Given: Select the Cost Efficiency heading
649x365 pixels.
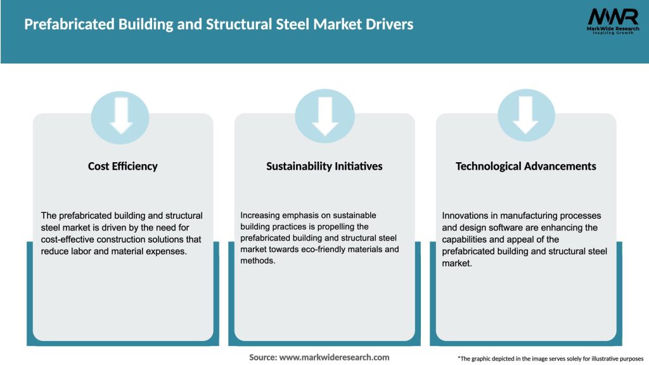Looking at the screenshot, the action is coord(123,166).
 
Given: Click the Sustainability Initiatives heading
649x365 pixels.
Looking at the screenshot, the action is coord(324,166).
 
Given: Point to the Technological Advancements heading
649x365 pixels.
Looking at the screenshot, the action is coord(525,166).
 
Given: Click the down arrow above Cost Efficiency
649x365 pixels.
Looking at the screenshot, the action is coord(120,117).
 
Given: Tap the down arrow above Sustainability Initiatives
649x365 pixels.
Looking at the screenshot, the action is coord(324,117).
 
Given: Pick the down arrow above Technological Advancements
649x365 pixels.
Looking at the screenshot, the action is coord(526,117).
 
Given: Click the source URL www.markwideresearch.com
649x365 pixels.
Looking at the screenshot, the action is coord(334,357).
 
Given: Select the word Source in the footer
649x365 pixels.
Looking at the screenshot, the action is coord(262,357).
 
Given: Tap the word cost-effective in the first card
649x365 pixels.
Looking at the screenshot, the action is coord(70,240).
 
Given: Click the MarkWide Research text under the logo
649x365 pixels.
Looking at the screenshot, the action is coord(612,29).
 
